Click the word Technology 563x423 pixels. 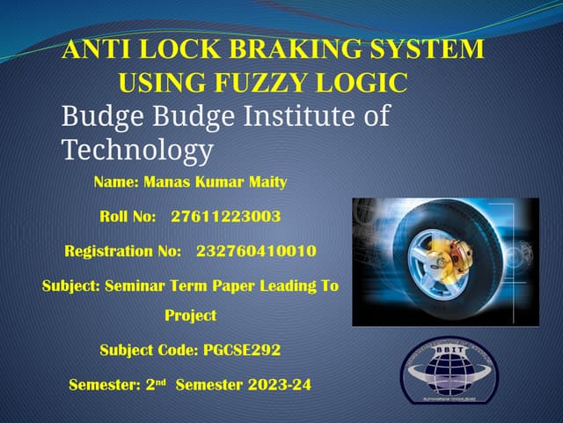coord(137,150)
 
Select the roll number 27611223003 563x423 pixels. coord(226,216)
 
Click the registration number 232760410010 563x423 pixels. coord(256,251)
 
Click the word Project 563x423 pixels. coord(190,315)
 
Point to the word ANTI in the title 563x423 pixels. coord(91,49)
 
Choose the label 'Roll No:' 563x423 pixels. coord(128,216)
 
